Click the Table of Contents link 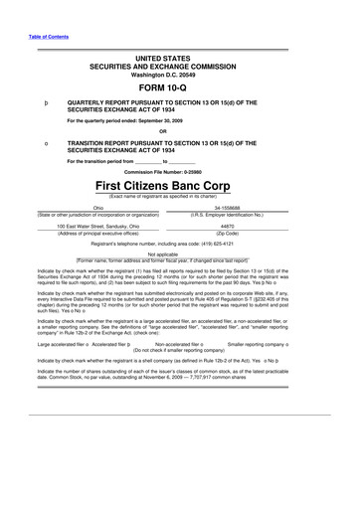[x=34, y=39]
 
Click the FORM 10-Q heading [x=179, y=86]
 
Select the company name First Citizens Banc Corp [x=179, y=187]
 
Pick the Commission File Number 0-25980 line [x=179, y=171]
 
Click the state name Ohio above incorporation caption [x=97, y=208]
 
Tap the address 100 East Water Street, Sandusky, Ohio [x=97, y=225]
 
